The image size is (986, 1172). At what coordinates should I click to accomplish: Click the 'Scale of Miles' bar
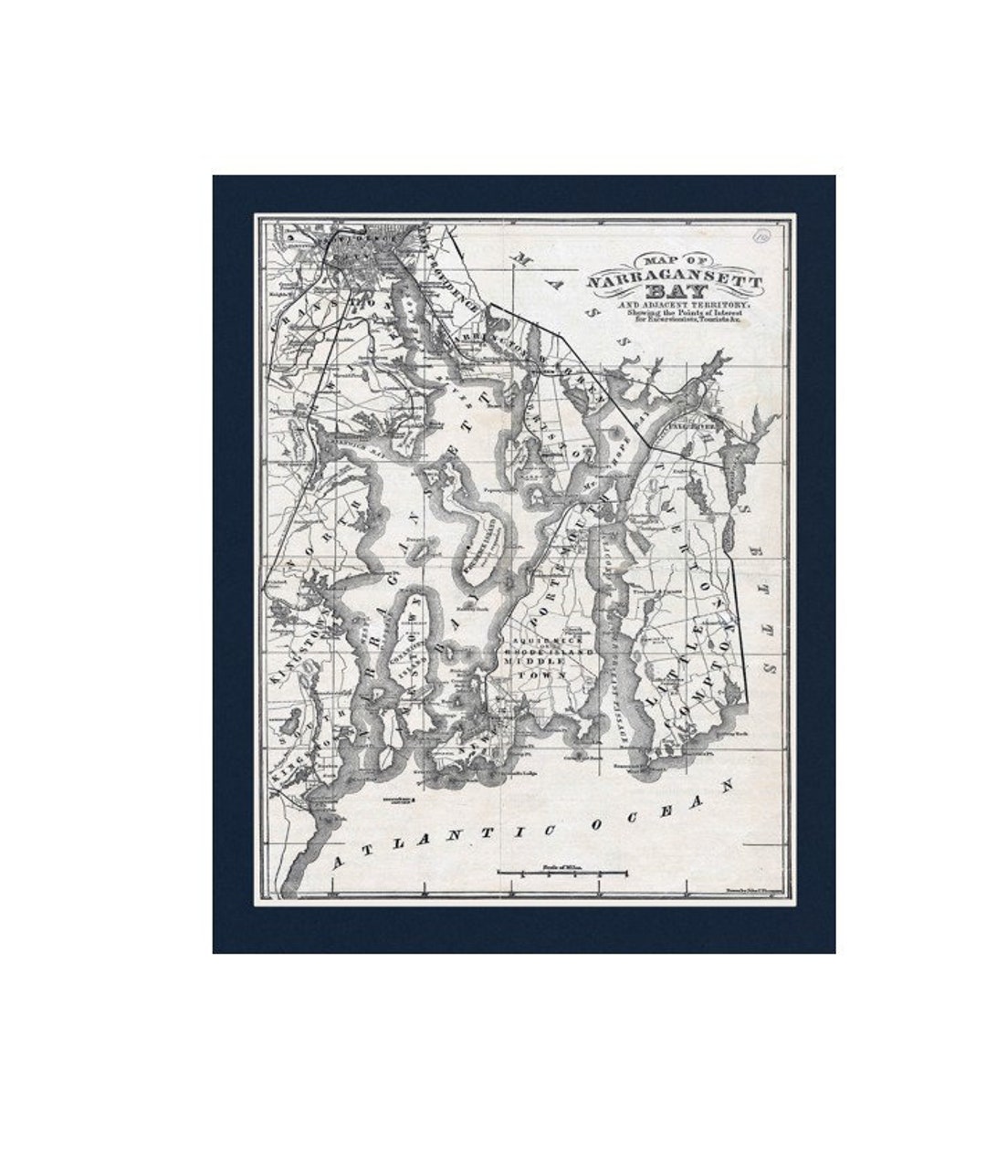[x=561, y=873]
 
